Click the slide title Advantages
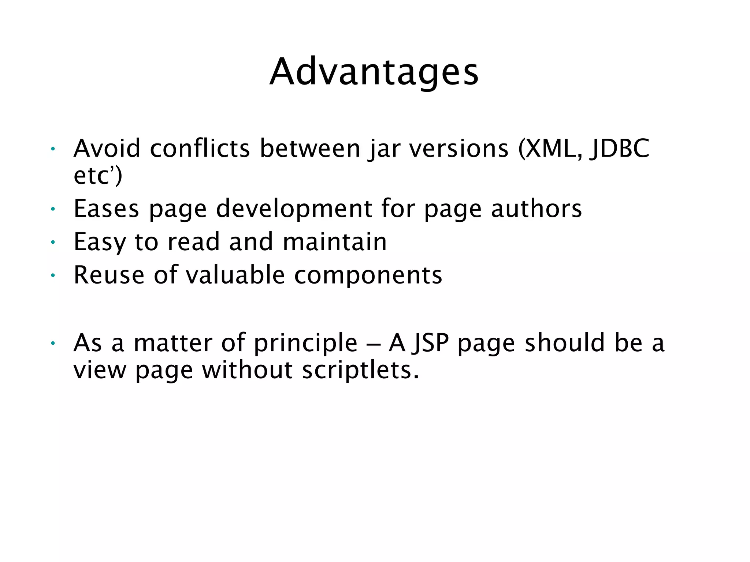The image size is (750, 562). click(x=374, y=72)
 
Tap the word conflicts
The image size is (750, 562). click(x=200, y=149)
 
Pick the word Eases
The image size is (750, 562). click(x=106, y=209)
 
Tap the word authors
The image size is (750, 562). click(x=536, y=209)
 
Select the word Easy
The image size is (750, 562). click(x=99, y=242)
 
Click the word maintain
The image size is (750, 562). click(x=335, y=241)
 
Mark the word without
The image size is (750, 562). click(x=248, y=370)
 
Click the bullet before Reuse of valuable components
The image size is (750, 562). click(x=53, y=276)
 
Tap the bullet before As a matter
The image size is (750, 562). click(x=53, y=343)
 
